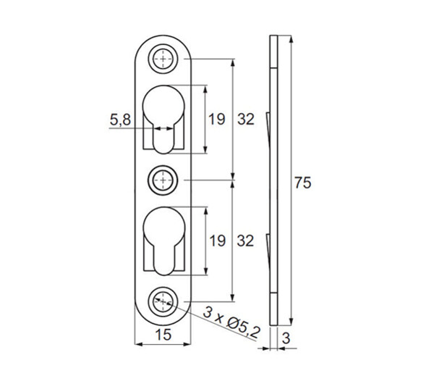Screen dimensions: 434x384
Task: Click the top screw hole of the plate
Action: coord(163,59)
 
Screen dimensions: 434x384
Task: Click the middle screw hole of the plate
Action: coord(163,180)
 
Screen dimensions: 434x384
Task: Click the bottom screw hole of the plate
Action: coord(163,301)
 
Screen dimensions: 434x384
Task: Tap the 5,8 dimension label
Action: coord(120,120)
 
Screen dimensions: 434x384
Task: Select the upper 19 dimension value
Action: coord(217,120)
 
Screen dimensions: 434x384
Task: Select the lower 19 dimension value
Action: coord(217,241)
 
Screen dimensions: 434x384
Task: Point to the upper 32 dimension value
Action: coord(246,120)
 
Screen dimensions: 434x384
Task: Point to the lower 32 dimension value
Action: coord(245,241)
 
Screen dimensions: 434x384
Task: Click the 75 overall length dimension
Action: coord(303,183)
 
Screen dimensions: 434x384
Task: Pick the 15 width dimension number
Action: coord(163,335)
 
